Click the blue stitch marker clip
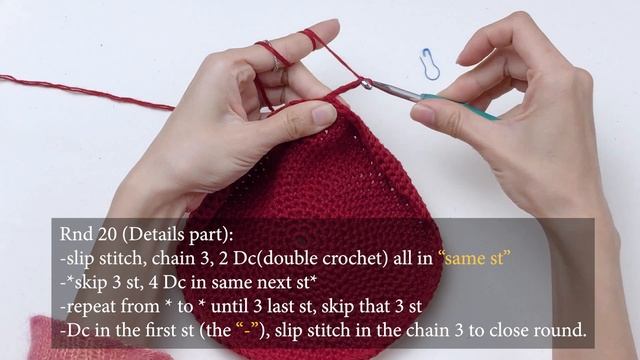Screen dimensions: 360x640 tap(430, 63)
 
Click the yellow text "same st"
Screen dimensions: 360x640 tap(478, 258)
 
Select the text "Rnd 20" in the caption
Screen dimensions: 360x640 tap(84, 235)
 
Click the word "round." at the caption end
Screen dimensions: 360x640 tap(557, 330)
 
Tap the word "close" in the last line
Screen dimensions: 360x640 tap(496, 330)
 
